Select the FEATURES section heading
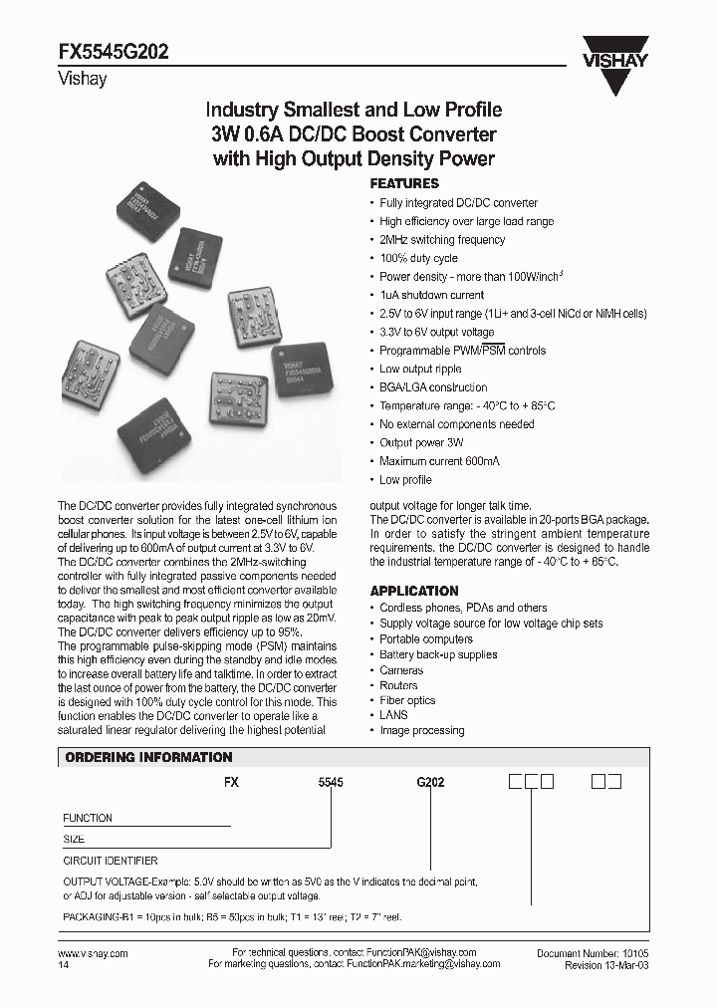(404, 184)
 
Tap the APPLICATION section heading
(414, 590)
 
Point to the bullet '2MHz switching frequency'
(442, 240)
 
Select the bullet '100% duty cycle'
(419, 258)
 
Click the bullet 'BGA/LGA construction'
(433, 387)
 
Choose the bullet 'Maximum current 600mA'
(439, 461)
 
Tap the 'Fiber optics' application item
(407, 700)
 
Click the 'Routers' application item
(398, 685)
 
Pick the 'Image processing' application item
(421, 730)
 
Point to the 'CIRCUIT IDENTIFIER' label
(111, 860)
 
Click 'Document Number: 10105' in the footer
(593, 953)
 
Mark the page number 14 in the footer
(65, 965)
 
